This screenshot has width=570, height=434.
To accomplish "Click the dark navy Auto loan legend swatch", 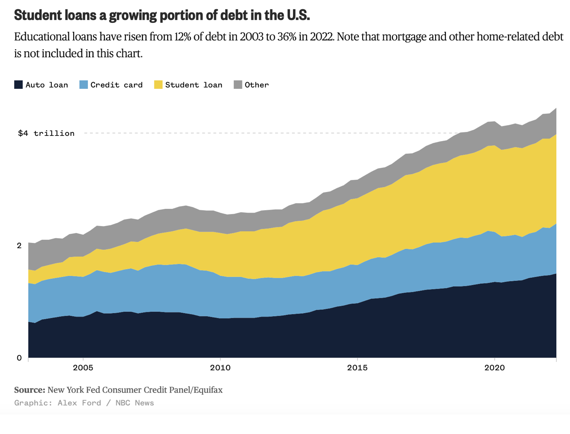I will (19, 85).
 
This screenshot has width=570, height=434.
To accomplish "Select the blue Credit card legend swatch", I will (84, 85).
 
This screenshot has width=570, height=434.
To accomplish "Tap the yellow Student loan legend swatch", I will (158, 85).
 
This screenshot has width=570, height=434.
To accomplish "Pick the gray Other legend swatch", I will (238, 85).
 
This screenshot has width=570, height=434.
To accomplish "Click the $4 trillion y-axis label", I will (46, 133).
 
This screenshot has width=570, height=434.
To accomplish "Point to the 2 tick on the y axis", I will (19, 245).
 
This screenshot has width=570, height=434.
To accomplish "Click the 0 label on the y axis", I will (19, 358).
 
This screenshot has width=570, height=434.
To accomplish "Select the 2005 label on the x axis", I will (83, 368).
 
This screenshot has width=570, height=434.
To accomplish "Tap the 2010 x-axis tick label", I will (220, 368).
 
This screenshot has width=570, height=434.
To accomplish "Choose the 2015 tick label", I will (357, 368).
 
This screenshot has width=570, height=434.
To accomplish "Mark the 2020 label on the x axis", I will (495, 368).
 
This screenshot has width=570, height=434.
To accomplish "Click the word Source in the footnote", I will (29, 390).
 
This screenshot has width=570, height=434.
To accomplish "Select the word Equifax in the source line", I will (208, 390).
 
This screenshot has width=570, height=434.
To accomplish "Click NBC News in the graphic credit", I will (135, 403).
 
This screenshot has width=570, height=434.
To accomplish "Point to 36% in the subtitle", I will (287, 37).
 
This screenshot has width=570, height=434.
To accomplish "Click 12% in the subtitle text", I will (183, 37).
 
